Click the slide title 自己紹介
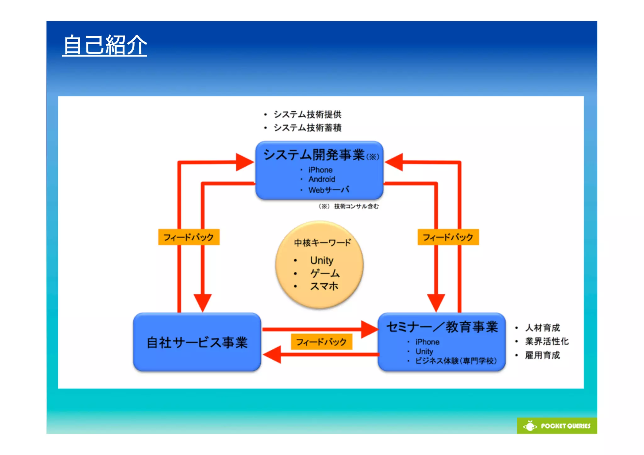click(x=105, y=45)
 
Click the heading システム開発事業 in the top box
click(x=314, y=155)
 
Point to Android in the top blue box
click(x=322, y=179)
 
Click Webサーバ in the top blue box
click(x=329, y=190)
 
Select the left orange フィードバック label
click(x=189, y=237)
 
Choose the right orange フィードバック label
click(x=448, y=237)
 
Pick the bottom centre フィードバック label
click(x=321, y=342)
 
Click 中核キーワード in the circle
click(x=322, y=243)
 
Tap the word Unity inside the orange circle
click(x=321, y=260)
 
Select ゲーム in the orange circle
click(x=325, y=273)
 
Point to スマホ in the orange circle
click(x=324, y=286)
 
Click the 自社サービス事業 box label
click(x=197, y=342)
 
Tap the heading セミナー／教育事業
click(x=442, y=327)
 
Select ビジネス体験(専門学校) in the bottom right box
click(x=456, y=361)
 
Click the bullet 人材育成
click(x=542, y=328)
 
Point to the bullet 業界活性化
click(x=547, y=341)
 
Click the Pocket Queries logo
click(x=557, y=426)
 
